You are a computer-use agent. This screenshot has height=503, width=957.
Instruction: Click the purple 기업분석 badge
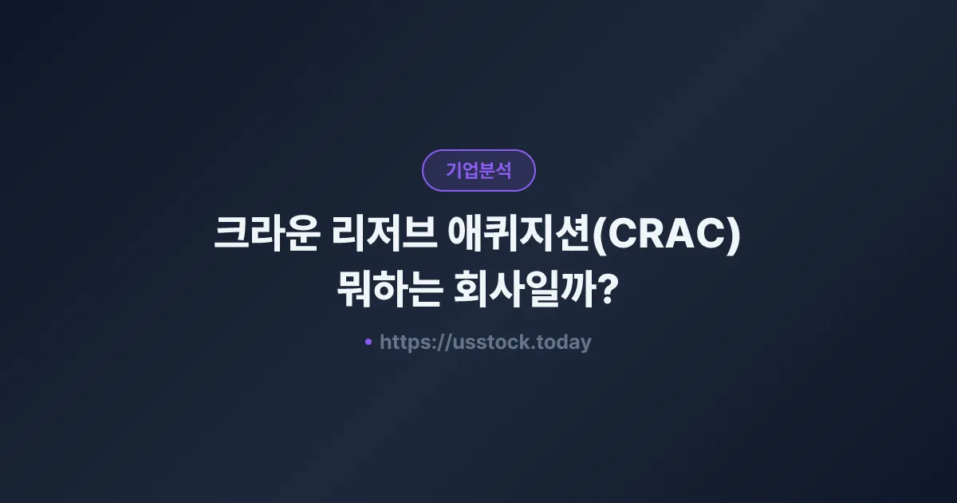(x=478, y=170)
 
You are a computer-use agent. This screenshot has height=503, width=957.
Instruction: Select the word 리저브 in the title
(x=378, y=236)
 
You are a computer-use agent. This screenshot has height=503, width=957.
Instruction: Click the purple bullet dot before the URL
(x=368, y=342)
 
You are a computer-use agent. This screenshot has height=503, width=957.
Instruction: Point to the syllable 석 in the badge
(x=503, y=170)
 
